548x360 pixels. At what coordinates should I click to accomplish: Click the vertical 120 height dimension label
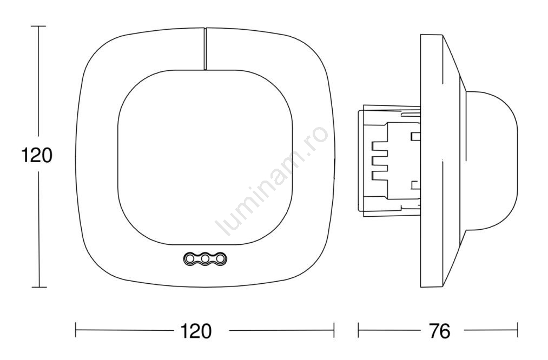click(x=37, y=155)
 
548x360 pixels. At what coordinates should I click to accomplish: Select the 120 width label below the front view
click(x=196, y=330)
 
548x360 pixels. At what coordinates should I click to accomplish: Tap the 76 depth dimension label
click(x=440, y=330)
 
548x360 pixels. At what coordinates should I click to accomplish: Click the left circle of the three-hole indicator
click(x=190, y=258)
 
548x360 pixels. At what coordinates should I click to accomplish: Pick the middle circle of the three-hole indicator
click(x=205, y=258)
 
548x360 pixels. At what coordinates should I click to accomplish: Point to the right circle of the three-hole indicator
click(x=221, y=258)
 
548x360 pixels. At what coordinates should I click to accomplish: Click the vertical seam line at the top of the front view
click(x=205, y=49)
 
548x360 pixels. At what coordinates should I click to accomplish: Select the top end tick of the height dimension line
click(x=38, y=26)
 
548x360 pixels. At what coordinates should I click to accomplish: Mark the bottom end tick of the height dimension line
click(x=38, y=287)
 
